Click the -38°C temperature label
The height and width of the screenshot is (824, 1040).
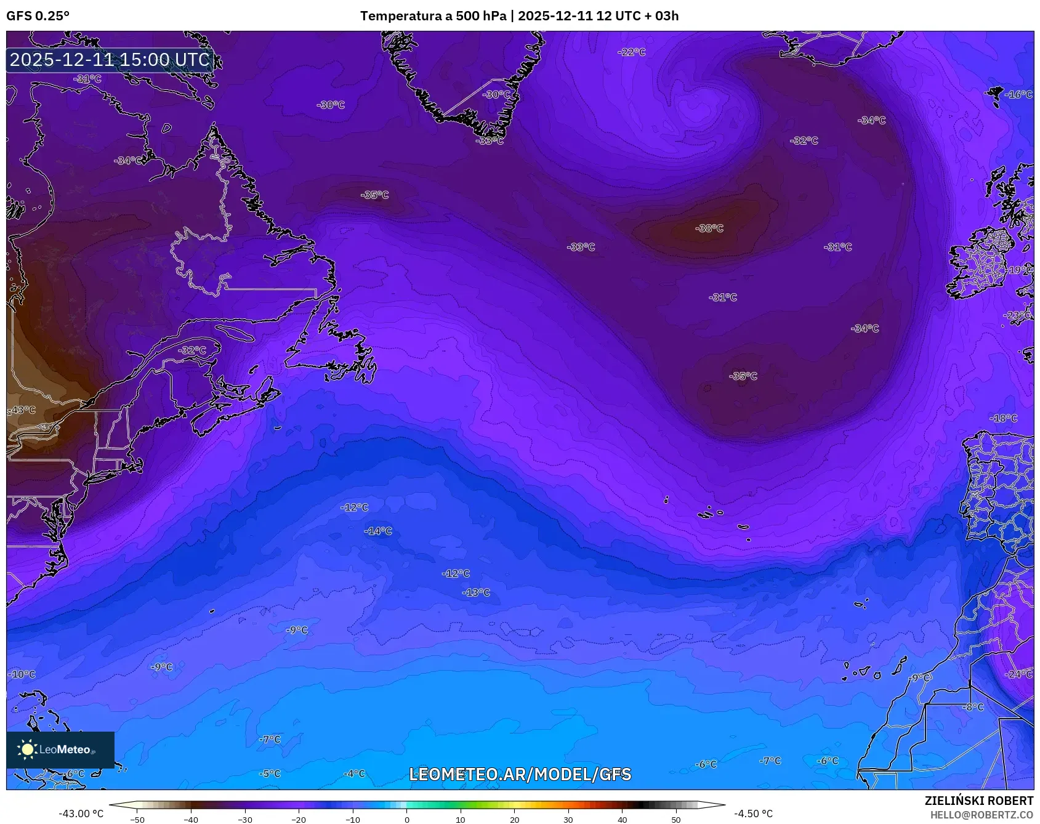pyautogui.click(x=709, y=228)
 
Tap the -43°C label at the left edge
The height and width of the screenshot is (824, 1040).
pyautogui.click(x=22, y=410)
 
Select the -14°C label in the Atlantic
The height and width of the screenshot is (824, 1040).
pyautogui.click(x=378, y=531)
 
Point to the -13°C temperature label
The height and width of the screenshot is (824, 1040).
pyautogui.click(x=476, y=592)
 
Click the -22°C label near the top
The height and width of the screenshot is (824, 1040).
pyautogui.click(x=632, y=52)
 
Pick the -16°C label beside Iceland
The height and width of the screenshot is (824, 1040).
pyautogui.click(x=1018, y=94)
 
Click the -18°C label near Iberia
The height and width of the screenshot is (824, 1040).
pyautogui.click(x=1004, y=418)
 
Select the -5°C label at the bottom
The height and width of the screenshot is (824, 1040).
pyautogui.click(x=270, y=774)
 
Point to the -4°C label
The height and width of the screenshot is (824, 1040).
pyautogui.click(x=354, y=774)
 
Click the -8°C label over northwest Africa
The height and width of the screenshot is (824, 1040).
pyautogui.click(x=973, y=707)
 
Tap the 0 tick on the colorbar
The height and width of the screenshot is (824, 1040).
pyautogui.click(x=406, y=819)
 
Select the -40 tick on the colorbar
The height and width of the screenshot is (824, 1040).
pyautogui.click(x=191, y=819)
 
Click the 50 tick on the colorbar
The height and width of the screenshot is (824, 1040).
pyautogui.click(x=676, y=819)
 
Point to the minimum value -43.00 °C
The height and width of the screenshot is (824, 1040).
pyautogui.click(x=81, y=814)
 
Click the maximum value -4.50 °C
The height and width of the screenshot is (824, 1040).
pyautogui.click(x=753, y=814)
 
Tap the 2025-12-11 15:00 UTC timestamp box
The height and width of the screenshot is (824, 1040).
pyautogui.click(x=110, y=60)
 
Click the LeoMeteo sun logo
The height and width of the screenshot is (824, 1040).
pyautogui.click(x=27, y=749)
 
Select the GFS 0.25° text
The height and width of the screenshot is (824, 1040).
pyautogui.click(x=38, y=16)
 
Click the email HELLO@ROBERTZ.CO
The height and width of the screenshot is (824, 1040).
pyautogui.click(x=982, y=815)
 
